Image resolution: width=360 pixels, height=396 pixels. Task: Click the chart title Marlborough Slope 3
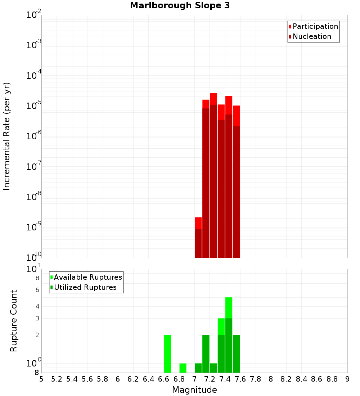tap(180, 5)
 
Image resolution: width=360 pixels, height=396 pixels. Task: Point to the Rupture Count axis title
tap(14, 321)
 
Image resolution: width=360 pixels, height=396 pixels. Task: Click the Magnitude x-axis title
tap(194, 390)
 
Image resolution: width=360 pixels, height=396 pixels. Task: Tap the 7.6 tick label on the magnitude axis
tap(240, 379)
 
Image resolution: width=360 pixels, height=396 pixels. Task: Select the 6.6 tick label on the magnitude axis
tap(164, 379)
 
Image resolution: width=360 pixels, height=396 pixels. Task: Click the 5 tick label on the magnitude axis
tap(41, 379)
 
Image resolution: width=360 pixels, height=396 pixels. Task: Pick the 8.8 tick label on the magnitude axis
tap(332, 379)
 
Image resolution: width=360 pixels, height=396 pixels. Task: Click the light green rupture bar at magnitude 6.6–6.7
tap(167, 354)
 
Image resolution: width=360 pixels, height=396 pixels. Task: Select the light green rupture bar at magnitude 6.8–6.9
tap(183, 368)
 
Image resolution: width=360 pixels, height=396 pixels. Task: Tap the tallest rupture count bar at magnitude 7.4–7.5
tap(229, 335)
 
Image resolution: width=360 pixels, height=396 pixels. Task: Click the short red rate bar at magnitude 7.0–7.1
tap(198, 238)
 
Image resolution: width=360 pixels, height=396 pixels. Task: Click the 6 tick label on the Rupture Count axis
tap(37, 290)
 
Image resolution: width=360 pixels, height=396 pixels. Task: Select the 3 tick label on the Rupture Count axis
tap(37, 318)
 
